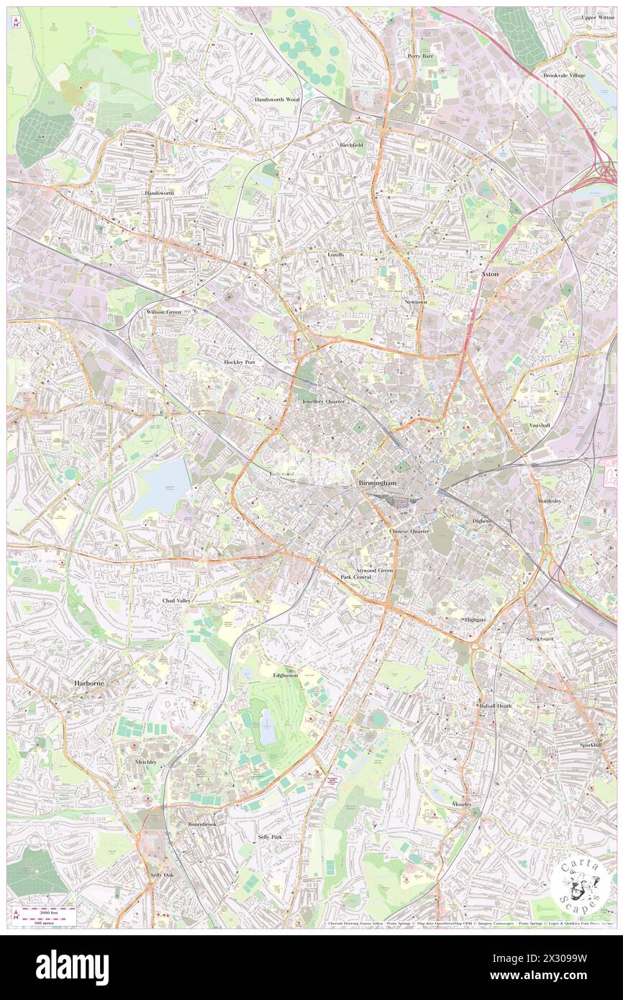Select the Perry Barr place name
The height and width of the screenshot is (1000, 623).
tap(420, 55)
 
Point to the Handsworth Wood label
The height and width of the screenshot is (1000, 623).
tap(276, 99)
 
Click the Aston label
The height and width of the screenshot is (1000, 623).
tap(490, 274)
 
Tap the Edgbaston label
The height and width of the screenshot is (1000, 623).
tap(285, 675)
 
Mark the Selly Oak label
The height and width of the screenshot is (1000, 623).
tap(162, 875)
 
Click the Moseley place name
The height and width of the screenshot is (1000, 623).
tap(461, 804)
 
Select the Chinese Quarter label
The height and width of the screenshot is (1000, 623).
tap(409, 531)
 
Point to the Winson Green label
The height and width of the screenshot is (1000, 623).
tap(163, 312)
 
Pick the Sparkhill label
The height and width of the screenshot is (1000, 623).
tap(591, 745)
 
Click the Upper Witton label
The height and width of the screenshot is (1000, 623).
tap(599, 17)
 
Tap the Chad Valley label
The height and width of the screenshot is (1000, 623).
tap(176, 599)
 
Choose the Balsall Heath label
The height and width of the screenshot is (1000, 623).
tap(496, 706)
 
